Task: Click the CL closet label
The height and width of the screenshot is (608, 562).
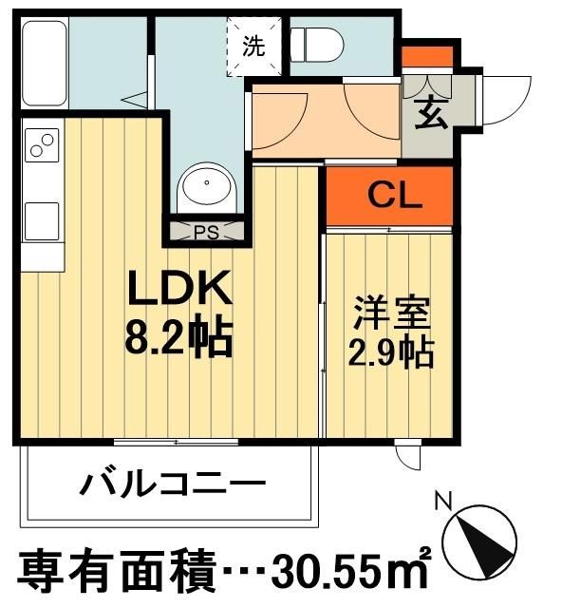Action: [x=389, y=197]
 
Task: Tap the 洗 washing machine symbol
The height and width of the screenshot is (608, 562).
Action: [x=254, y=47]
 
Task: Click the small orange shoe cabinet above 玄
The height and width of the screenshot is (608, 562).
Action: [x=426, y=56]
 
